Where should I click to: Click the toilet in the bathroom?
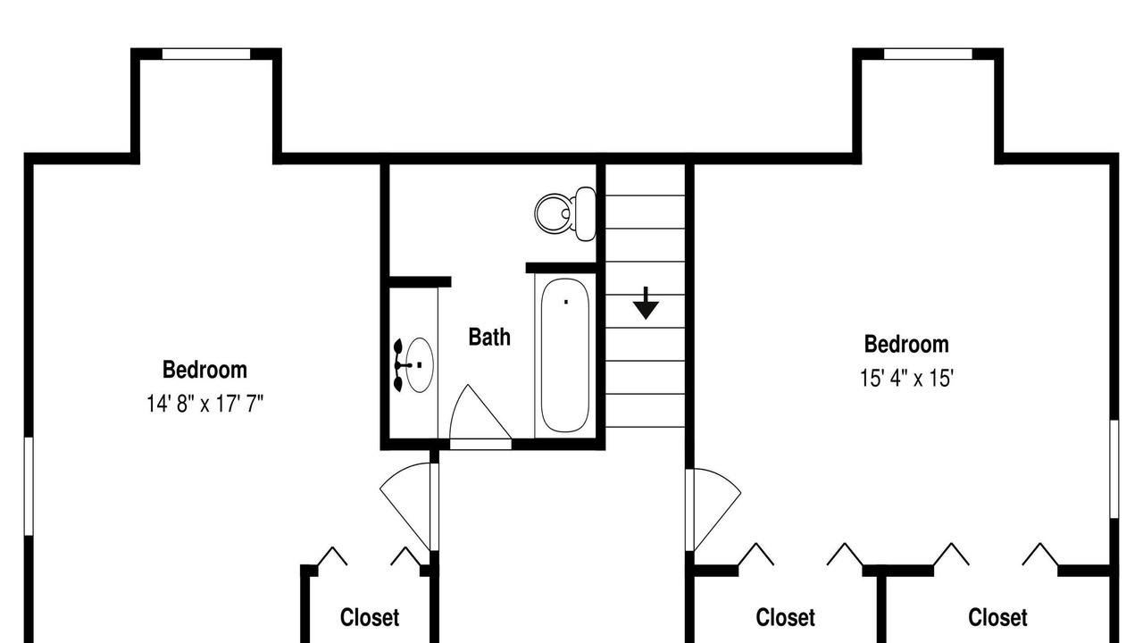pos(565,213)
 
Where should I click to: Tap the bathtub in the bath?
pos(565,355)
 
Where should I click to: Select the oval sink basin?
pos(420,365)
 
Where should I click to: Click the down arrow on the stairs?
pos(646,303)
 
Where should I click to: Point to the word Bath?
pos(489,338)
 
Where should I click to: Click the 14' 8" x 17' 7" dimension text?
pos(205,404)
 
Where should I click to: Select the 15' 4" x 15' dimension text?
pos(906,379)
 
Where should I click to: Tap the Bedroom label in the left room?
pos(204,370)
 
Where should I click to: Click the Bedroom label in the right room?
pos(906,344)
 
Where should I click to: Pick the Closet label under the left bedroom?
pos(370,617)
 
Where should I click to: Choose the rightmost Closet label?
pos(997,617)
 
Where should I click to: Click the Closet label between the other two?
pos(785,617)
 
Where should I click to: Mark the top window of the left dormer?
pos(206,54)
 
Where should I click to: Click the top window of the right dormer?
pos(928,54)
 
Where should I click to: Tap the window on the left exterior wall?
pos(29,487)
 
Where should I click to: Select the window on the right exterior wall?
pos(1114,469)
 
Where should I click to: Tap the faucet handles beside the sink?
pos(399,365)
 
